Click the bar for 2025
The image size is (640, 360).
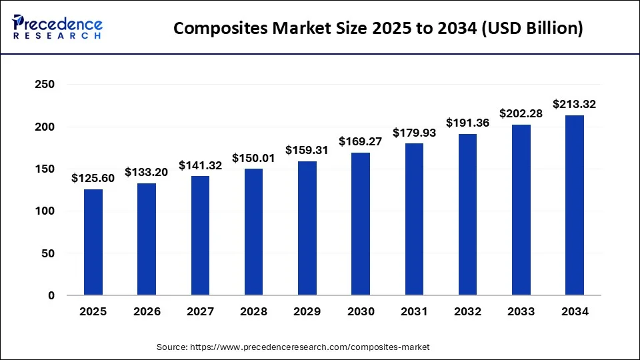pyautogui.click(x=93, y=242)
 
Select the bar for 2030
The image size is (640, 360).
pyautogui.click(x=361, y=224)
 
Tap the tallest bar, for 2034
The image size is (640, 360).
pyautogui.click(x=575, y=205)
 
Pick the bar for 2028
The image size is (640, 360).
pyautogui.click(x=253, y=232)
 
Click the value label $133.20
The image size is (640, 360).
pyautogui.click(x=147, y=172)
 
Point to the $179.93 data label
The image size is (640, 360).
pyautogui.click(x=414, y=133)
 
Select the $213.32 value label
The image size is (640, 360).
pyautogui.click(x=575, y=104)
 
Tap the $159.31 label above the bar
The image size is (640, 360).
pyautogui.click(x=307, y=150)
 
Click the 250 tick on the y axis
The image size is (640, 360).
pyautogui.click(x=45, y=85)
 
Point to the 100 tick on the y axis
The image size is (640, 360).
pyautogui.click(x=45, y=211)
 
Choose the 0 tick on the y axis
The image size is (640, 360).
pyautogui.click(x=51, y=295)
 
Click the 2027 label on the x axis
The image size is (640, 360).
pyautogui.click(x=200, y=311)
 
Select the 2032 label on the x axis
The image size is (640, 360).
pyautogui.click(x=467, y=311)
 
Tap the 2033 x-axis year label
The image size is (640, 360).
pyautogui.click(x=521, y=311)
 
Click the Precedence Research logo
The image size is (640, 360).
pyautogui.click(x=57, y=28)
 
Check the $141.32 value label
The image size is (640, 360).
pyautogui.click(x=200, y=165)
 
